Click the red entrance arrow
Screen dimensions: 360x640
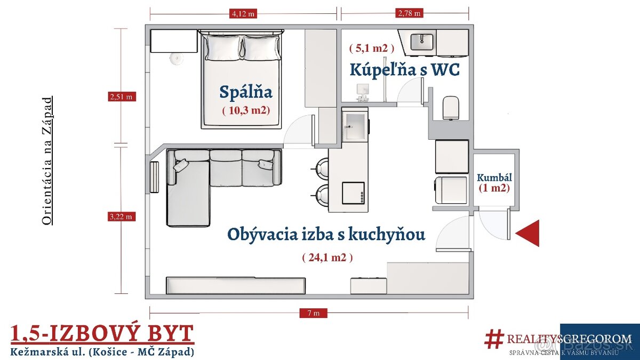[x=529, y=234]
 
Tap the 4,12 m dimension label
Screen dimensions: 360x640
[x=243, y=13]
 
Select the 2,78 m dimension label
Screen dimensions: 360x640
[x=409, y=13]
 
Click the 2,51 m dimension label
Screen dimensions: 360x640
[x=121, y=97]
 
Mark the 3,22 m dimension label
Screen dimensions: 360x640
[x=121, y=217]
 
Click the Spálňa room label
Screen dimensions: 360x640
[x=246, y=92]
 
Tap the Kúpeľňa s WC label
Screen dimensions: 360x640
[x=404, y=69]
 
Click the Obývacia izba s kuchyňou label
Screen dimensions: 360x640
[x=326, y=234]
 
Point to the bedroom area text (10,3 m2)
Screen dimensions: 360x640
[x=246, y=110]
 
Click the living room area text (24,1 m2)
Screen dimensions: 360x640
[x=327, y=258]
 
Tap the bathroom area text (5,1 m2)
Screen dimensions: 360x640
[x=372, y=48]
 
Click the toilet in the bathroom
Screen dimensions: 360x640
[x=451, y=108]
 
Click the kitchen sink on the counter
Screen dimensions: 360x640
[x=355, y=126]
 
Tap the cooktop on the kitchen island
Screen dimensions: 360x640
[x=353, y=193]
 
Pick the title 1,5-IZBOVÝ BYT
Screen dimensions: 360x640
[x=102, y=333]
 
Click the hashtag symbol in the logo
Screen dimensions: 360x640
[x=494, y=339]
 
